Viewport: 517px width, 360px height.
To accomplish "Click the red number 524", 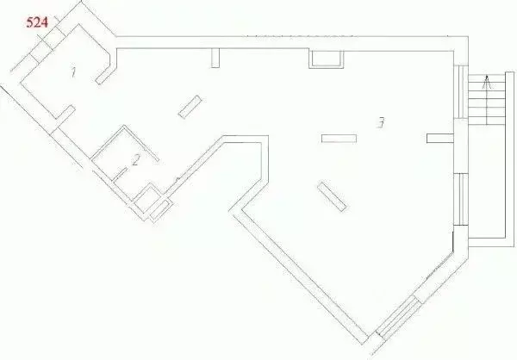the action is pyautogui.click(x=37, y=22).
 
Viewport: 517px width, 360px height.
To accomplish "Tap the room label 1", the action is pyautogui.click(x=73, y=72).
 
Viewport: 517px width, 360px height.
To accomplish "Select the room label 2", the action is pyautogui.click(x=135, y=160).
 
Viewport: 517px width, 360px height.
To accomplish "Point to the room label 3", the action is pyautogui.click(x=381, y=122).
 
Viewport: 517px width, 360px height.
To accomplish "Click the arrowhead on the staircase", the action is pyautogui.click(x=487, y=83).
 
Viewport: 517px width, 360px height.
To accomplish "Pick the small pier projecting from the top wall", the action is pyautogui.click(x=215, y=58).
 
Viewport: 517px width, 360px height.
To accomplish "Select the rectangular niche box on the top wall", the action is pyautogui.click(x=326, y=59).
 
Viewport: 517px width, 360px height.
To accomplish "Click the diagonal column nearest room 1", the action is pyautogui.click(x=190, y=107).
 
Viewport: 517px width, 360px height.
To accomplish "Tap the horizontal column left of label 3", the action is pyautogui.click(x=339, y=139).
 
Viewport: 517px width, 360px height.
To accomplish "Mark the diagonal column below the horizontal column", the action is pyautogui.click(x=332, y=196).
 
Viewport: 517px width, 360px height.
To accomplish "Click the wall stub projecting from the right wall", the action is pyautogui.click(x=440, y=138).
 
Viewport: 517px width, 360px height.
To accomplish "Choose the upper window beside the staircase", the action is pyautogui.click(x=461, y=92).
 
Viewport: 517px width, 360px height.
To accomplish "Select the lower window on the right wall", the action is pyautogui.click(x=461, y=199).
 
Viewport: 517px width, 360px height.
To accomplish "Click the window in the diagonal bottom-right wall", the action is pyautogui.click(x=399, y=317).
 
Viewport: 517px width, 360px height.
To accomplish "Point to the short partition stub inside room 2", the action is pyautogui.click(x=120, y=174).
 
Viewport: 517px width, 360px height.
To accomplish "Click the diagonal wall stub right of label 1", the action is pyautogui.click(x=104, y=77).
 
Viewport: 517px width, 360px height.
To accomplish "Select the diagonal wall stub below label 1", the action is pyautogui.click(x=65, y=113).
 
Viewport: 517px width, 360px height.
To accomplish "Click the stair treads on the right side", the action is pyautogui.click(x=487, y=100).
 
